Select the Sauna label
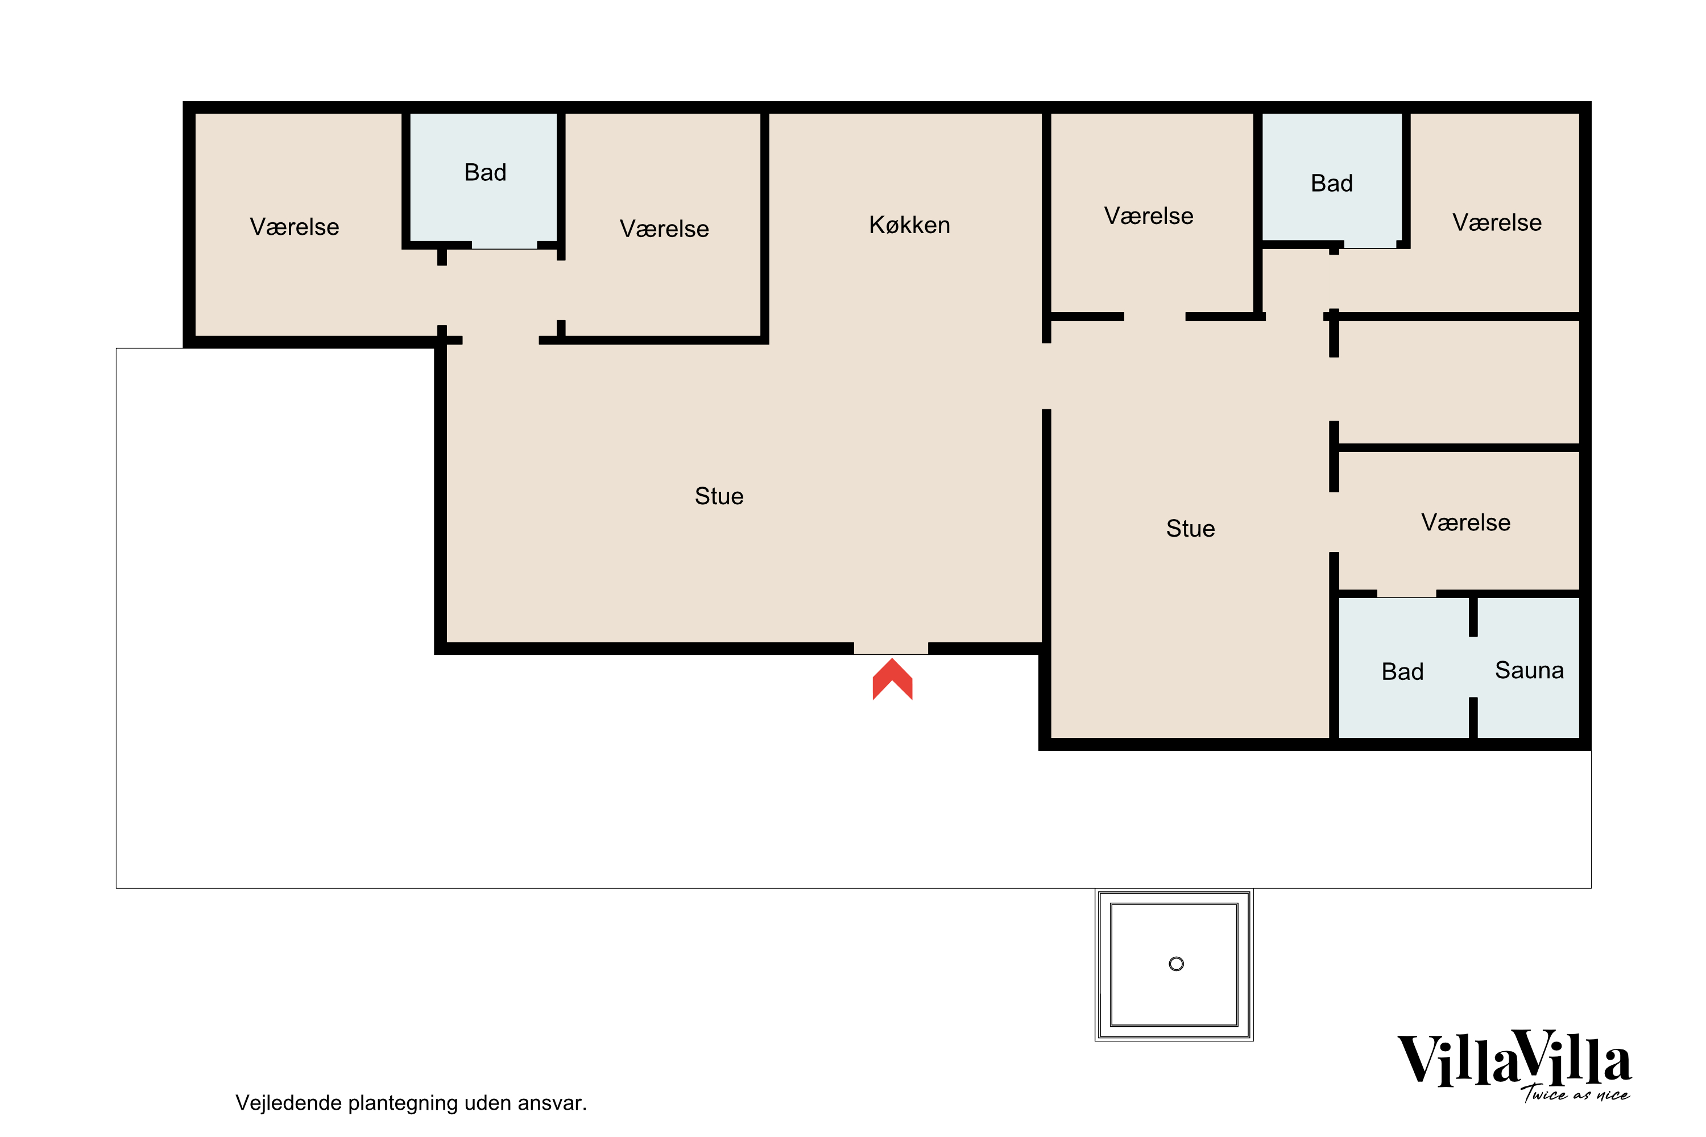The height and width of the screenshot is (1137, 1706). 1529,671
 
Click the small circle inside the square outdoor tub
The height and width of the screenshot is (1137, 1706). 1177,964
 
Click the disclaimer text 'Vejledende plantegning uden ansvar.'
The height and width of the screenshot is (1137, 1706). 411,1103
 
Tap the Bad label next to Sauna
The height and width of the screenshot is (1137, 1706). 1402,672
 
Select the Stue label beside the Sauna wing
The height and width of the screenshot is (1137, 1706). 1190,529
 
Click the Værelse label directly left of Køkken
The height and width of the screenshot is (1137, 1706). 664,229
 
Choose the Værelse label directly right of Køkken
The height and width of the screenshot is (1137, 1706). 1148,216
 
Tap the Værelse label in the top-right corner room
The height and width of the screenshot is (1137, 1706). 1496,223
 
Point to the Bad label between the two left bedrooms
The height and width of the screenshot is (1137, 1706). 485,173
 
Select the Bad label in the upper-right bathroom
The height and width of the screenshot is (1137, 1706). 1331,184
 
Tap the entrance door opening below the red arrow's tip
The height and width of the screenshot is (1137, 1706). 891,648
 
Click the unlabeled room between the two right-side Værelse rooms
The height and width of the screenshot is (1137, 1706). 1458,382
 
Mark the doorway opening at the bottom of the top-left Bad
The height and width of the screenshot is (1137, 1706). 504,246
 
